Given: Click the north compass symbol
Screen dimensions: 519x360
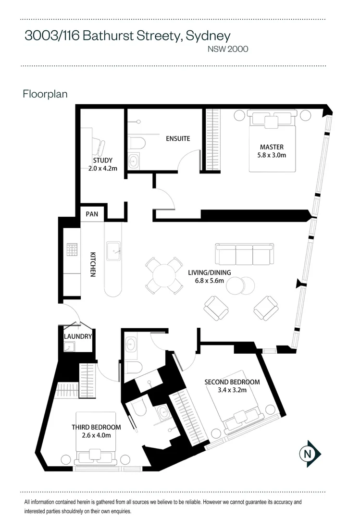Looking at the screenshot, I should pos(310,453).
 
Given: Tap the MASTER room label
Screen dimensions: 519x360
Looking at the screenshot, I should pos(272,147).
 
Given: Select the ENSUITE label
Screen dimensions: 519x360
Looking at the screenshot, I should pos(177,138).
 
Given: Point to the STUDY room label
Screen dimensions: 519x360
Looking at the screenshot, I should pos(102,161).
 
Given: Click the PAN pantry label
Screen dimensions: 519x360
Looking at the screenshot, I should pos(92,214).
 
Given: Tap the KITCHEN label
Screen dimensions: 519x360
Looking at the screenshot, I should pos(93,264).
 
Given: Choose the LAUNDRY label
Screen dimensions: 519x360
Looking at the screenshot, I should pos(77,336).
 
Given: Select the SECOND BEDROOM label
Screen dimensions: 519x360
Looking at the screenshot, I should pos(232,382).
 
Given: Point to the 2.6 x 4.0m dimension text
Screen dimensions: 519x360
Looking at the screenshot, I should pos(96,435).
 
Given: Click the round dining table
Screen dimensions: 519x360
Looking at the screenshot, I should pos(164,276).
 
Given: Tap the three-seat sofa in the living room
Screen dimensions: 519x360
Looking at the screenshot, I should pos(244,254).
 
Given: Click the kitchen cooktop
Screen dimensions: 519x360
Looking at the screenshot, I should pos(72,249).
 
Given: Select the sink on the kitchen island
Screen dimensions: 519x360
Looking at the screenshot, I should pos(113,249).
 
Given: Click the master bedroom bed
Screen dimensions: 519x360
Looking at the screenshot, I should pos(272,142).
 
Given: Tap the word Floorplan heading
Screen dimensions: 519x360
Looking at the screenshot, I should pos(45,94).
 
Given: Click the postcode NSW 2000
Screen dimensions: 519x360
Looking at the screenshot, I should pos(227,49).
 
